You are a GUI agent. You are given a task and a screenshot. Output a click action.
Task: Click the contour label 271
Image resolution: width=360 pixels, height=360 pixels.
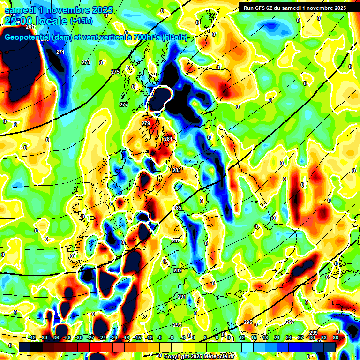(60, 52)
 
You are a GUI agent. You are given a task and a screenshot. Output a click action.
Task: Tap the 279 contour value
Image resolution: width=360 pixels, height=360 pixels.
(145, 123)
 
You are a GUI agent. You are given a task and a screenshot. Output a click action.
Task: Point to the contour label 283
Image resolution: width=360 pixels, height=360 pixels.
(177, 170)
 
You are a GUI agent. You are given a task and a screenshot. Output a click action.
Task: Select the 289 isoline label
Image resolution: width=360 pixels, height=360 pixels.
(178, 270)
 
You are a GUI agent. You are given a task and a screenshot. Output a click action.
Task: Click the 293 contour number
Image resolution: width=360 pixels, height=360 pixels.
(177, 325)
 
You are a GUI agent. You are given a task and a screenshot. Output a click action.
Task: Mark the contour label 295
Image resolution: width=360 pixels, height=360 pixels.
(248, 322)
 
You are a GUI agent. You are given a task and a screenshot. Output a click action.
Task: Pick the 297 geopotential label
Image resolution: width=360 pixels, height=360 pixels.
(290, 322)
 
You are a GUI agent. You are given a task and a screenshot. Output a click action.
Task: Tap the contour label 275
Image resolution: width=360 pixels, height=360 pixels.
(115, 71)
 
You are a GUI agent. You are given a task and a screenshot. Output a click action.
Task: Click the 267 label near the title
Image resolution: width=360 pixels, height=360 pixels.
(30, 27)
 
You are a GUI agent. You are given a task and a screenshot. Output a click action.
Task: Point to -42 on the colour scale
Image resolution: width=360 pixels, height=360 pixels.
(32, 337)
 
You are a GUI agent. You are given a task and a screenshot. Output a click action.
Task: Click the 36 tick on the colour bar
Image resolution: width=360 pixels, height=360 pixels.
(336, 337)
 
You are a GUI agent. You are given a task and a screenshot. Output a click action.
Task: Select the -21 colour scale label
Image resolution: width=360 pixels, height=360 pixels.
(114, 337)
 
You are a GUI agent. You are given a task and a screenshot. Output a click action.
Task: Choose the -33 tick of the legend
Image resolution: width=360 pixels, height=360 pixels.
(67, 337)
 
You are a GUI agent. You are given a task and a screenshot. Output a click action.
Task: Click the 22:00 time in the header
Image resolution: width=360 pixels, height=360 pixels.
(19, 21)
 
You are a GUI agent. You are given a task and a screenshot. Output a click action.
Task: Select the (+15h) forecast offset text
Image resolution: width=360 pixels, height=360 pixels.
(81, 21)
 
